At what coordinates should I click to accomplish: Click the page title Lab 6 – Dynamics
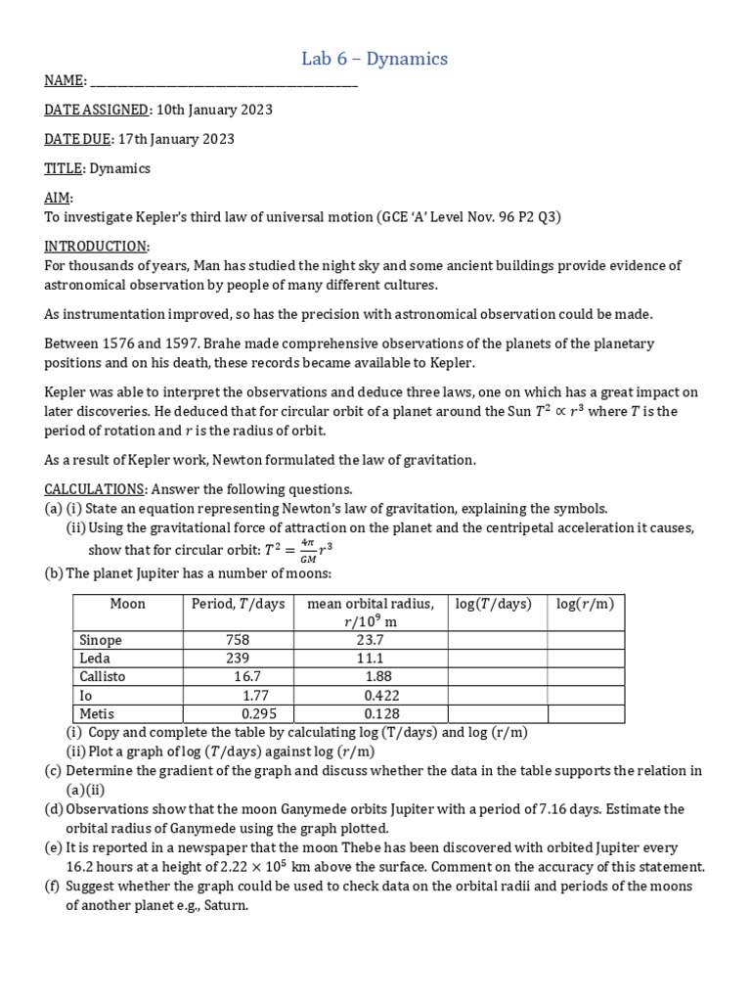point(375,59)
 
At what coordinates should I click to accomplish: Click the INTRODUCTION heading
point(96,246)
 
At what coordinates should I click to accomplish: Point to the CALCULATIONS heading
point(94,488)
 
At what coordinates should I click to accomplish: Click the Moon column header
point(127,604)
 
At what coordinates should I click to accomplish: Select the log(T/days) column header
point(493,604)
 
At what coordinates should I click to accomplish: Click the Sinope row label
point(101,640)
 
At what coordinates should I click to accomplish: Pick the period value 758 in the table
point(238,640)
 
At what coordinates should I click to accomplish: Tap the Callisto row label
point(103,677)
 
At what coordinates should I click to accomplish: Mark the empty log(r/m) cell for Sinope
point(585,640)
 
